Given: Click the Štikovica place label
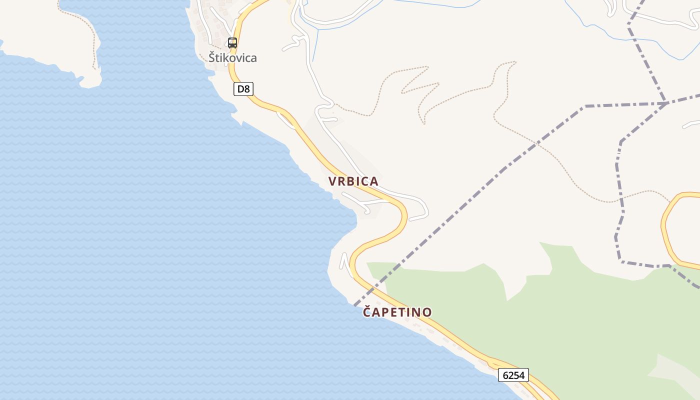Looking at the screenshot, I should pyautogui.click(x=232, y=57).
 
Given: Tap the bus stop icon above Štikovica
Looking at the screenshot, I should pyautogui.click(x=232, y=43).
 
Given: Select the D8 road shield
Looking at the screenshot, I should pyautogui.click(x=243, y=89).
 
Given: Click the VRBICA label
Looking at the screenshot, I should pyautogui.click(x=353, y=181).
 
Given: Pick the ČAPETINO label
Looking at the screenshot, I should pyautogui.click(x=397, y=312).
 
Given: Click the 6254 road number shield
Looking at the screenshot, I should pyautogui.click(x=513, y=375).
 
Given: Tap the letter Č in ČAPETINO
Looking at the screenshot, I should pyautogui.click(x=367, y=311).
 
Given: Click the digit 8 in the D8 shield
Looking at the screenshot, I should pyautogui.click(x=247, y=89).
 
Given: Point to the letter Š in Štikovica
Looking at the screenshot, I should pyautogui.click(x=212, y=57).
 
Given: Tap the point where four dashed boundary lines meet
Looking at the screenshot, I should pyautogui.click(x=665, y=103).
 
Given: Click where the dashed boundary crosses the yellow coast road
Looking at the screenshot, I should pyautogui.click(x=373, y=289).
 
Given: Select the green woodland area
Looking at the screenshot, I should pyautogui.click(x=575, y=320).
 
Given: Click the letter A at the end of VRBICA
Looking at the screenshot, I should pyautogui.click(x=373, y=181).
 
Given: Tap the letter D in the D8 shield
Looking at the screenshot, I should pyautogui.click(x=240, y=89).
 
